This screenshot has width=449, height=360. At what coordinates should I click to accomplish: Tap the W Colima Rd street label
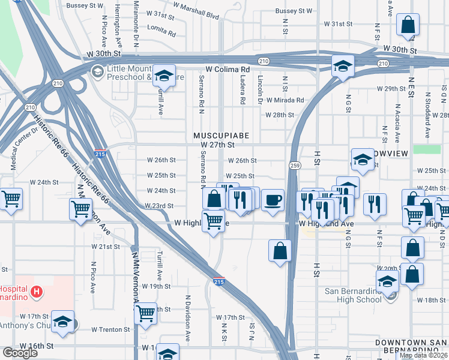227,69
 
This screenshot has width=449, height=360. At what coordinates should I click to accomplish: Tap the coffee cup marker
273,200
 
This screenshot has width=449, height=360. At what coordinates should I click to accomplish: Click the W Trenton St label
110,329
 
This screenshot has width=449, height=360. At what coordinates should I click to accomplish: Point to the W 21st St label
106,247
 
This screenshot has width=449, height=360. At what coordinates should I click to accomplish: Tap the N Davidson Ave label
187,317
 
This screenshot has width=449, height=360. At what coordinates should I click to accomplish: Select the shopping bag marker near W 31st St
408,25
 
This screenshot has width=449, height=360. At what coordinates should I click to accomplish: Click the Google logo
20,353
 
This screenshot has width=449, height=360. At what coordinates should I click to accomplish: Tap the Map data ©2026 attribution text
424,355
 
